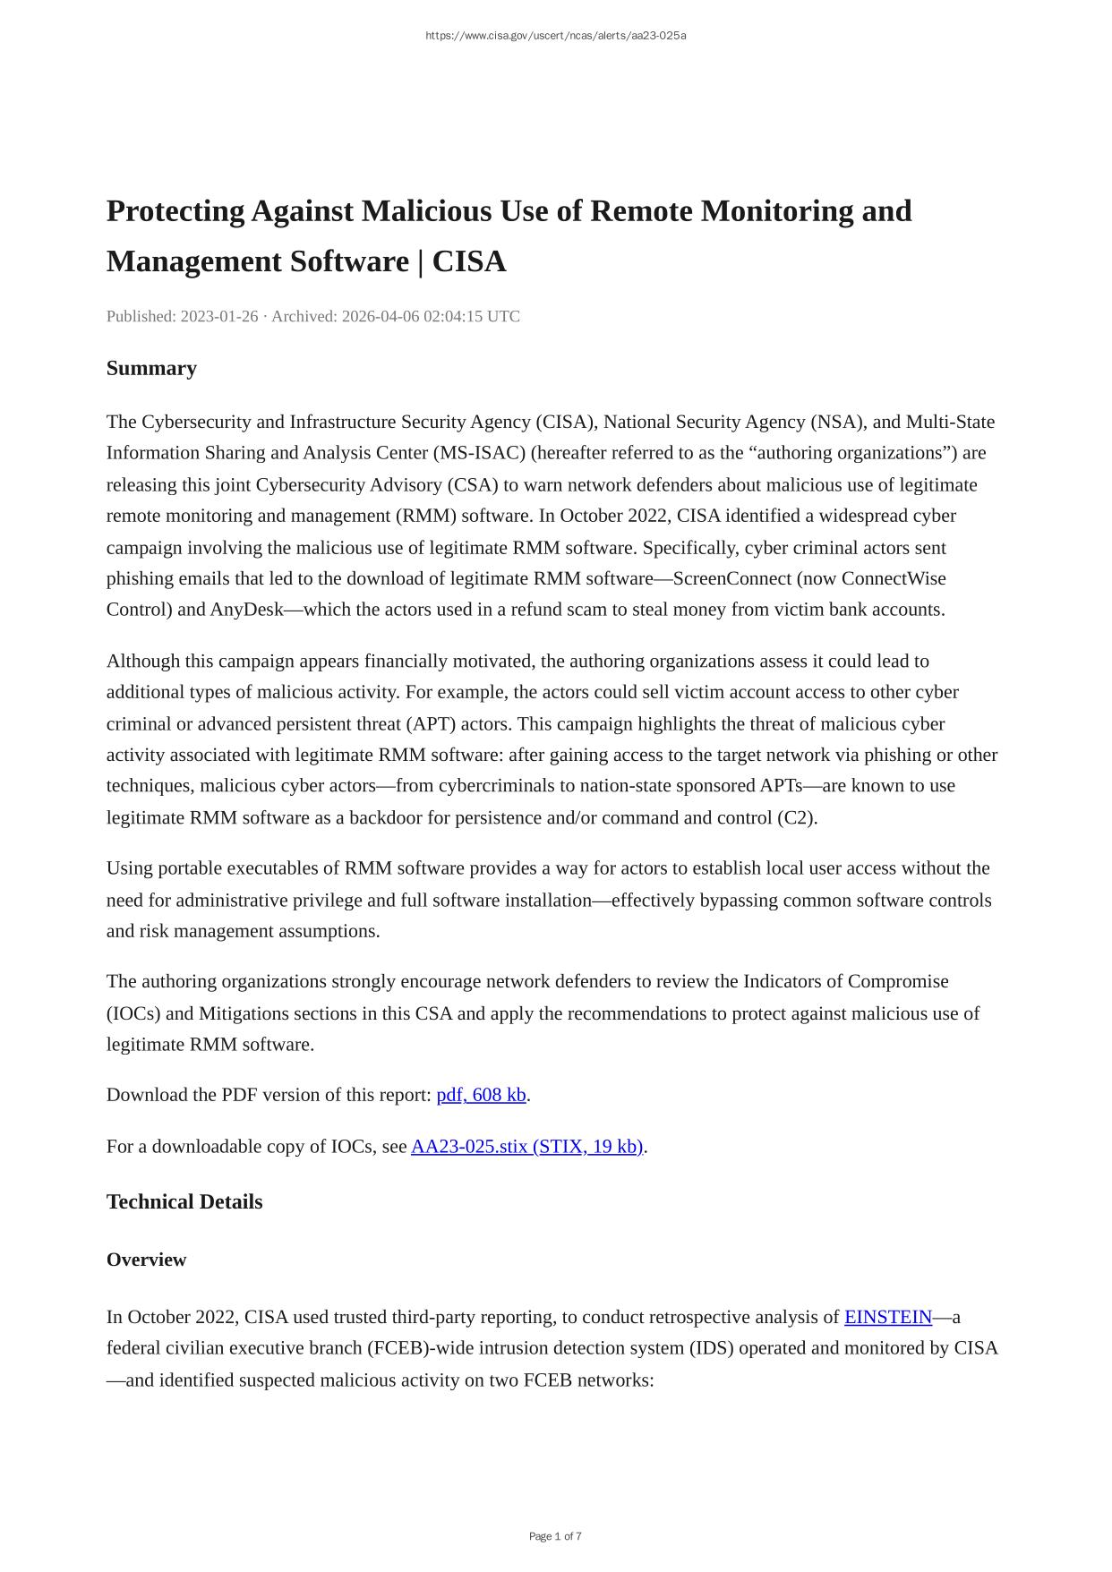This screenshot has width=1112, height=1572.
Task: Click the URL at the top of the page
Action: (555, 36)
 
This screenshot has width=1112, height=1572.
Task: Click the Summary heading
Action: (151, 368)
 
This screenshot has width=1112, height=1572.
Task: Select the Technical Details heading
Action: (184, 1201)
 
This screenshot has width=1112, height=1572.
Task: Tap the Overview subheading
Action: (146, 1260)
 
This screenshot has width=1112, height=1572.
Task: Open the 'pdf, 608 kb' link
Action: (481, 1095)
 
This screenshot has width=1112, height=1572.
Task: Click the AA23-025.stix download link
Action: (526, 1147)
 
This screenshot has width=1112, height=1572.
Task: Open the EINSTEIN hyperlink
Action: (888, 1317)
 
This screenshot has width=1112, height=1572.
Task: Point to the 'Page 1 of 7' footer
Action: (555, 1536)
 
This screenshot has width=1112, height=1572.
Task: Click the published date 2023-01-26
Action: (219, 316)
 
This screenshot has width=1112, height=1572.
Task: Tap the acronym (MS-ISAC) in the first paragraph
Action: (479, 453)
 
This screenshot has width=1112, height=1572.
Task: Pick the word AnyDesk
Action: (246, 610)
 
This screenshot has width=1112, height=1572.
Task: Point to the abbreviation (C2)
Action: (797, 817)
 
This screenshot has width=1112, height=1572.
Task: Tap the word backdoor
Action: (384, 817)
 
